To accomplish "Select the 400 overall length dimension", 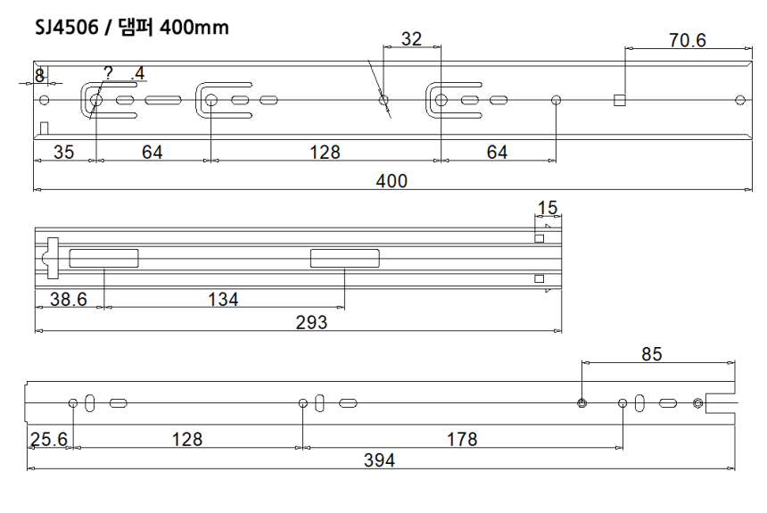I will pos(391,180).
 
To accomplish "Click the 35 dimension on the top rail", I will pos(63,153).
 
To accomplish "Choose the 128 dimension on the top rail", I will pos(325,153).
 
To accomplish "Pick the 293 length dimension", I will pos(311,322).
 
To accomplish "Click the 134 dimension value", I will pos(222,299).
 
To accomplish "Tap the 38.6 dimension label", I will pos(68,299).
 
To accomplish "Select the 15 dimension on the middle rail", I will pos(547,208).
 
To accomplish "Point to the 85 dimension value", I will pos(652,354).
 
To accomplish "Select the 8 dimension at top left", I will pos(39,75).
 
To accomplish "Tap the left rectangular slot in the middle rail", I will pos(104,259).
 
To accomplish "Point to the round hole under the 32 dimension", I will pos(383,100).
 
